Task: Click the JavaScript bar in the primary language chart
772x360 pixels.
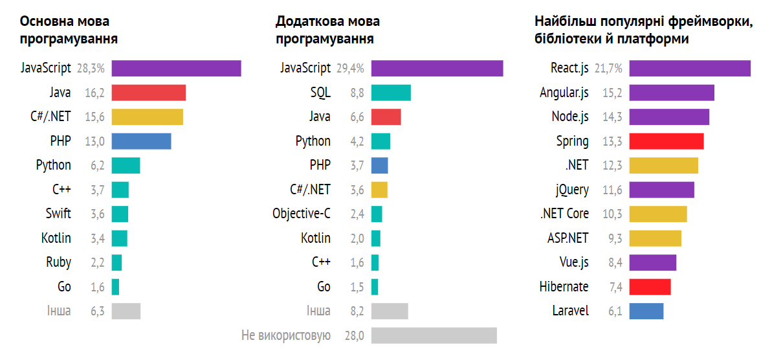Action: tap(176, 68)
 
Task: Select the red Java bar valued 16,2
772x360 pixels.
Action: tap(148, 93)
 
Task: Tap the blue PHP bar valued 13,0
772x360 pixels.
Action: tap(141, 141)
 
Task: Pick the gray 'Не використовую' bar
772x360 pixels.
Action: tap(434, 335)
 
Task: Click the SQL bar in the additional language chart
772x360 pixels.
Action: tap(391, 93)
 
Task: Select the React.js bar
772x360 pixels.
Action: tap(690, 68)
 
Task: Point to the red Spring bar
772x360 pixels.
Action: tap(666, 141)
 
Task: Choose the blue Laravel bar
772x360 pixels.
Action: tap(646, 311)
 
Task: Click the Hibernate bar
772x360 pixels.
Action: tap(650, 287)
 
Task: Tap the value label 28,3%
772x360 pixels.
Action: tap(91, 68)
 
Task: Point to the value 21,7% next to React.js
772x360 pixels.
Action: tap(608, 68)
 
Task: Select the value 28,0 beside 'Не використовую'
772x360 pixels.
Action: tap(354, 335)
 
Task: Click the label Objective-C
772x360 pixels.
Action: tap(302, 214)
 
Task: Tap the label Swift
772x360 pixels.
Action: tap(58, 214)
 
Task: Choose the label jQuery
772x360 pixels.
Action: tap(572, 190)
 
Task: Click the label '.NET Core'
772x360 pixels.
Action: tap(564, 214)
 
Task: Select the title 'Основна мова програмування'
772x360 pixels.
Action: tap(69, 30)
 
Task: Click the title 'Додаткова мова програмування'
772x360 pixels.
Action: tap(327, 30)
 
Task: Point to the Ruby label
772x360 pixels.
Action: tap(58, 262)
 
